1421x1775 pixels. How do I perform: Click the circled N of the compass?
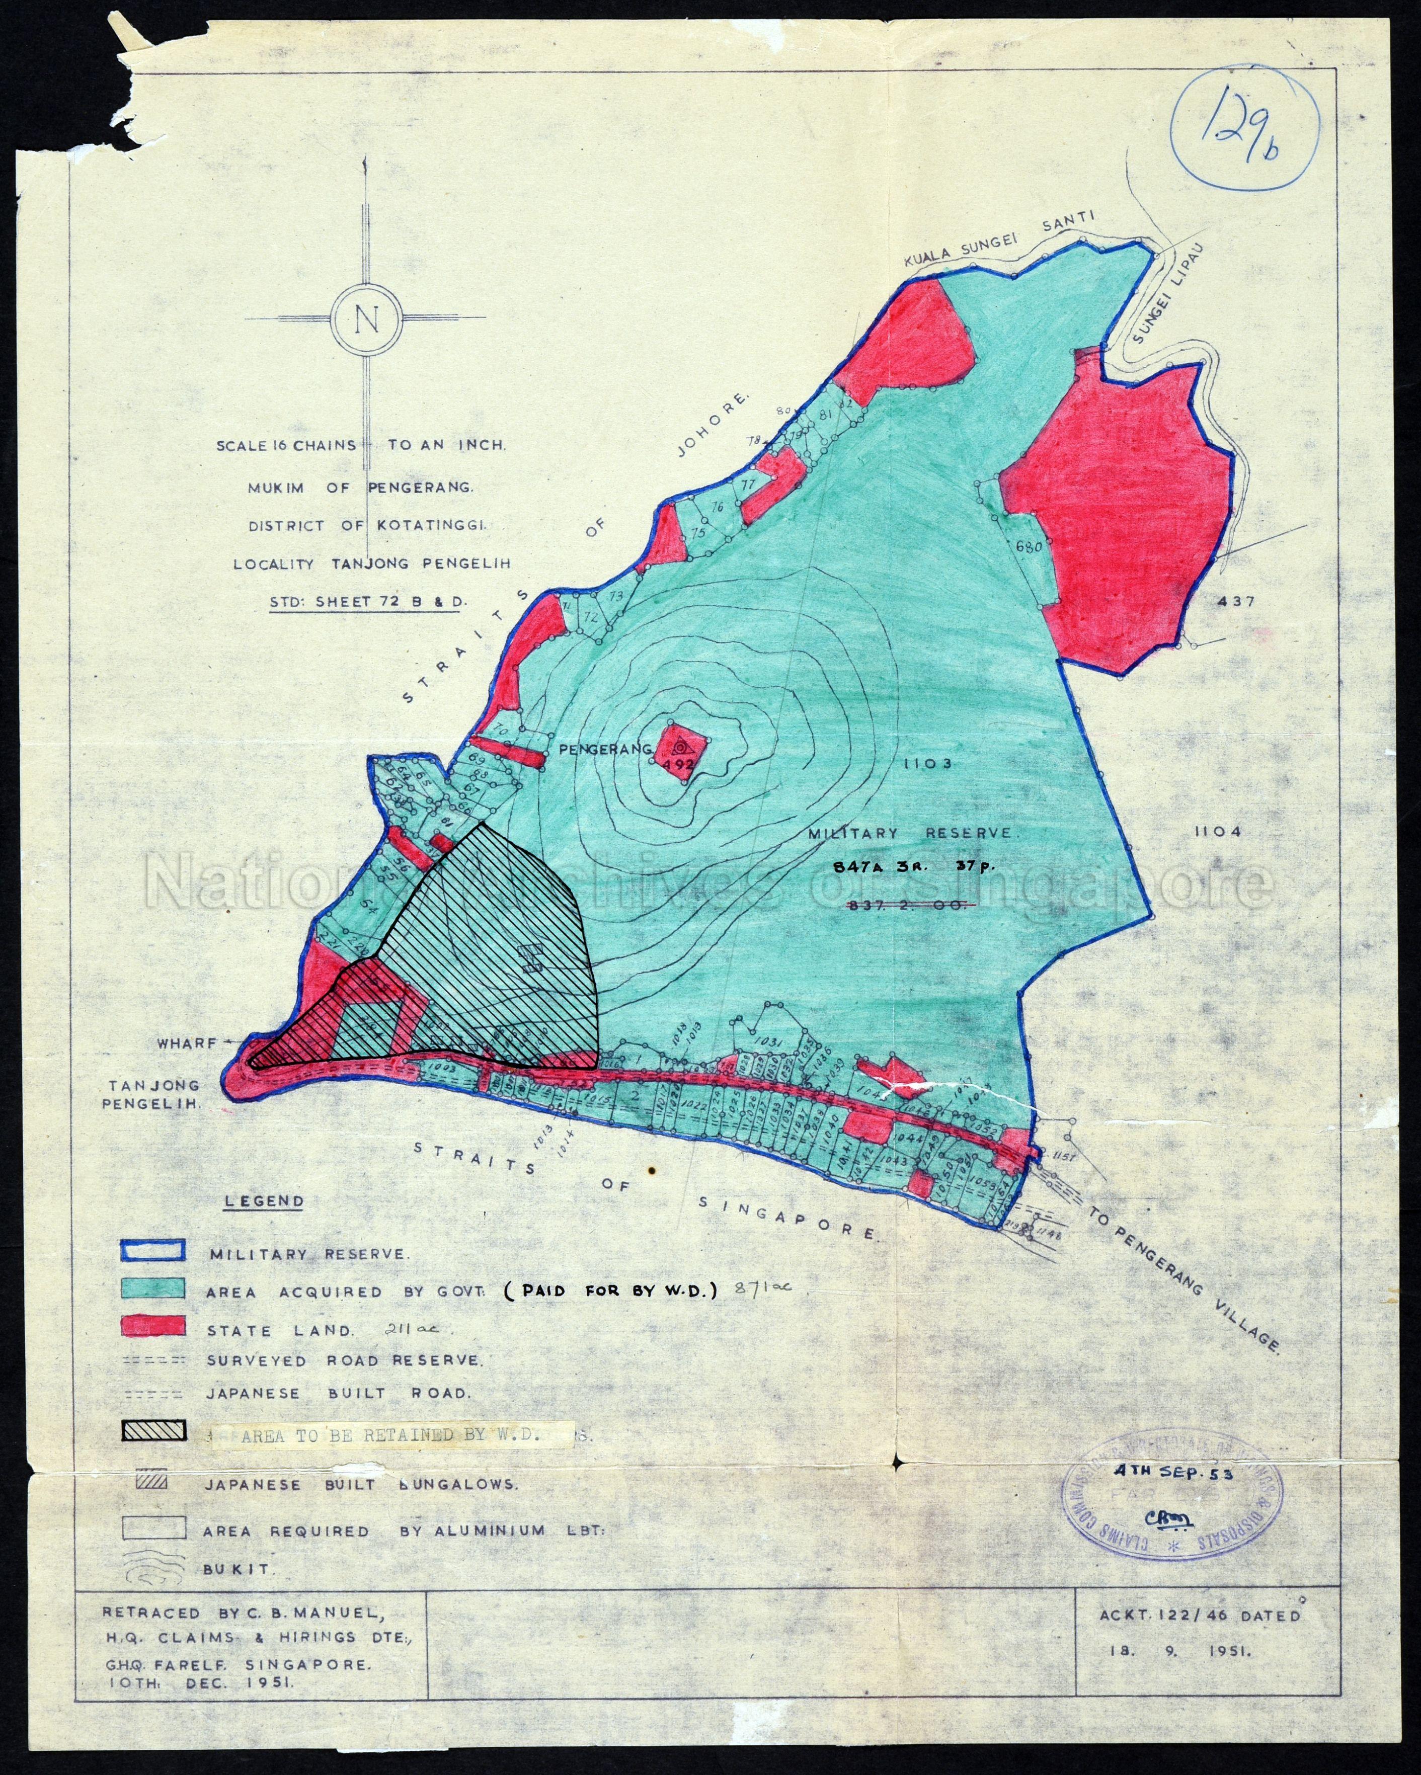click(367, 319)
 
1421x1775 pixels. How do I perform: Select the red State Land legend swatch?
click(153, 1326)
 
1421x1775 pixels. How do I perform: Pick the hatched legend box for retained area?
click(154, 1432)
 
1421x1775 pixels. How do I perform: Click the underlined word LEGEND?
click(264, 1201)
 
